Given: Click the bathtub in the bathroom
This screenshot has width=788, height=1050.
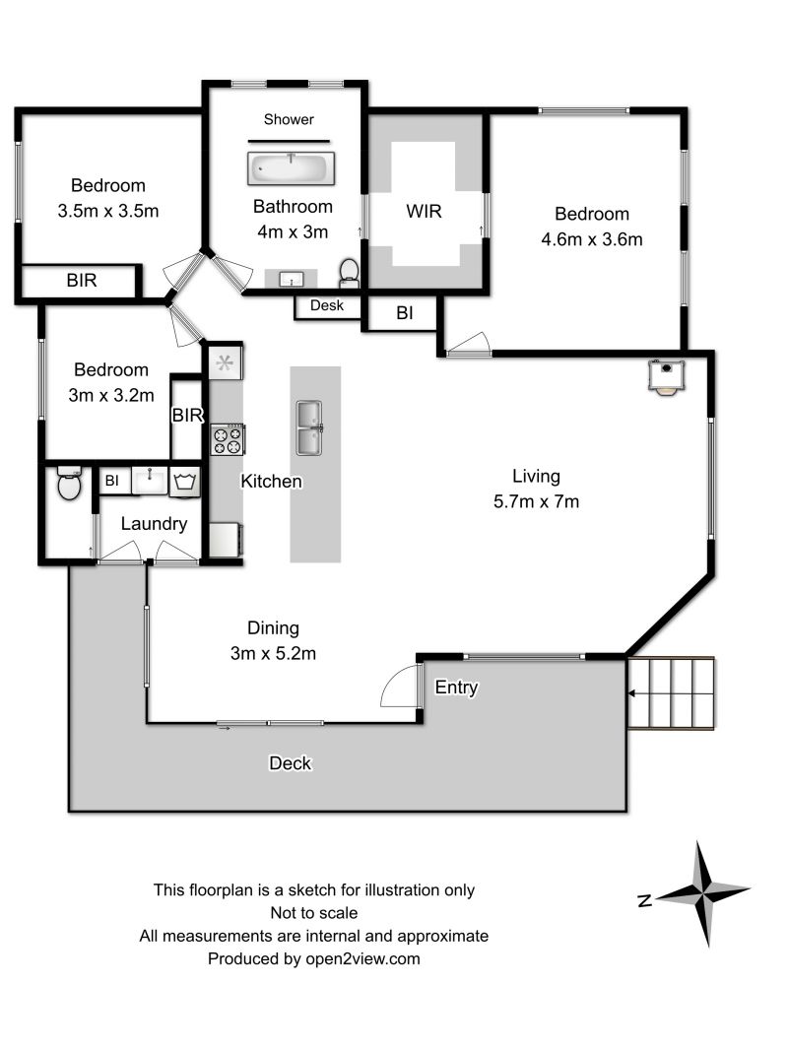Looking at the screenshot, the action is coord(292,168).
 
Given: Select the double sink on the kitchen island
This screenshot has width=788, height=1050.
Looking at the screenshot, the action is coord(309,427).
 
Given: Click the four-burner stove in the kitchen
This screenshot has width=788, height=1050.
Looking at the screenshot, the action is coord(228,440).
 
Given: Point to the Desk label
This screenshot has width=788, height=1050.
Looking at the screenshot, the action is coord(327,305).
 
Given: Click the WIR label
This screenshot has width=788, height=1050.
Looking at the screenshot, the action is coord(424,212).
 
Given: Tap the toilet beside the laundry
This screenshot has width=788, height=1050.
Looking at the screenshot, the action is coord(69,484).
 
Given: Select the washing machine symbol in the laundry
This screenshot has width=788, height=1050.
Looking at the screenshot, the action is coord(185,482).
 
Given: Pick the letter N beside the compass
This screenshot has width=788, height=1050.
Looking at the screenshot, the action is coord(645,900).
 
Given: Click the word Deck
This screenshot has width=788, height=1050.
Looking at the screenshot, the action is coord(290,762).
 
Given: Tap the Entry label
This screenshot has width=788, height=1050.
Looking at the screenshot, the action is coord(457,688).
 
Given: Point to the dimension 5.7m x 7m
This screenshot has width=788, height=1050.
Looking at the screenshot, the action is coord(536,501).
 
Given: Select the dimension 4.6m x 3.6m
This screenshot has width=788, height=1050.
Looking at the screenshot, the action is coord(592,239).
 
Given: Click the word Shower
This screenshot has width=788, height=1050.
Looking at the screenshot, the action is coord(289,119).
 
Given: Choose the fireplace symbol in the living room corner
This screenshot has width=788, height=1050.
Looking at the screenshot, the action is coord(666,376).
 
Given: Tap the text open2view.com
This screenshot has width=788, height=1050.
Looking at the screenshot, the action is coord(362,959).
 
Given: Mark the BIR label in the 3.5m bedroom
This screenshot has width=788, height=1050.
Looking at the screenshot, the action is coord(82,281).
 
